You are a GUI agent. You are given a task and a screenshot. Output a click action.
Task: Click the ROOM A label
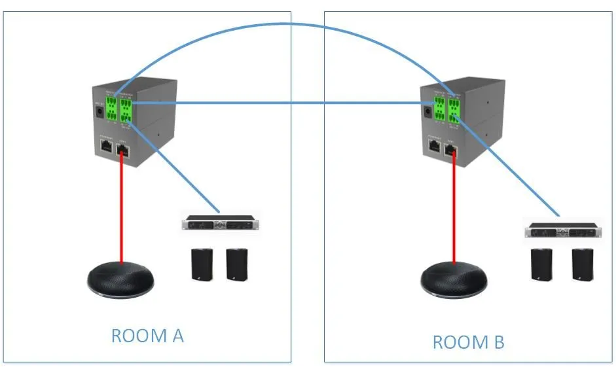[147, 336]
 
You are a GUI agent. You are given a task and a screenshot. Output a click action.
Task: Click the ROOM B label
[468, 341]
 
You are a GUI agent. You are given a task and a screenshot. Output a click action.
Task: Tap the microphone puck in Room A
[122, 281]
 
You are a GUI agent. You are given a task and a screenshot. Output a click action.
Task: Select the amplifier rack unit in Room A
[220, 223]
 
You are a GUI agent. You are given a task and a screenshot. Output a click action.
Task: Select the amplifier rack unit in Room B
[563, 231]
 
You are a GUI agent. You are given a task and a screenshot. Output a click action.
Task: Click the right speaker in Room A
[236, 264]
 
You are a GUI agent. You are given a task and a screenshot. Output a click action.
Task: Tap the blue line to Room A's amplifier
[177, 173]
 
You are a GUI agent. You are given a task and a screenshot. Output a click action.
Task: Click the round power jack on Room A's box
[100, 112]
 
